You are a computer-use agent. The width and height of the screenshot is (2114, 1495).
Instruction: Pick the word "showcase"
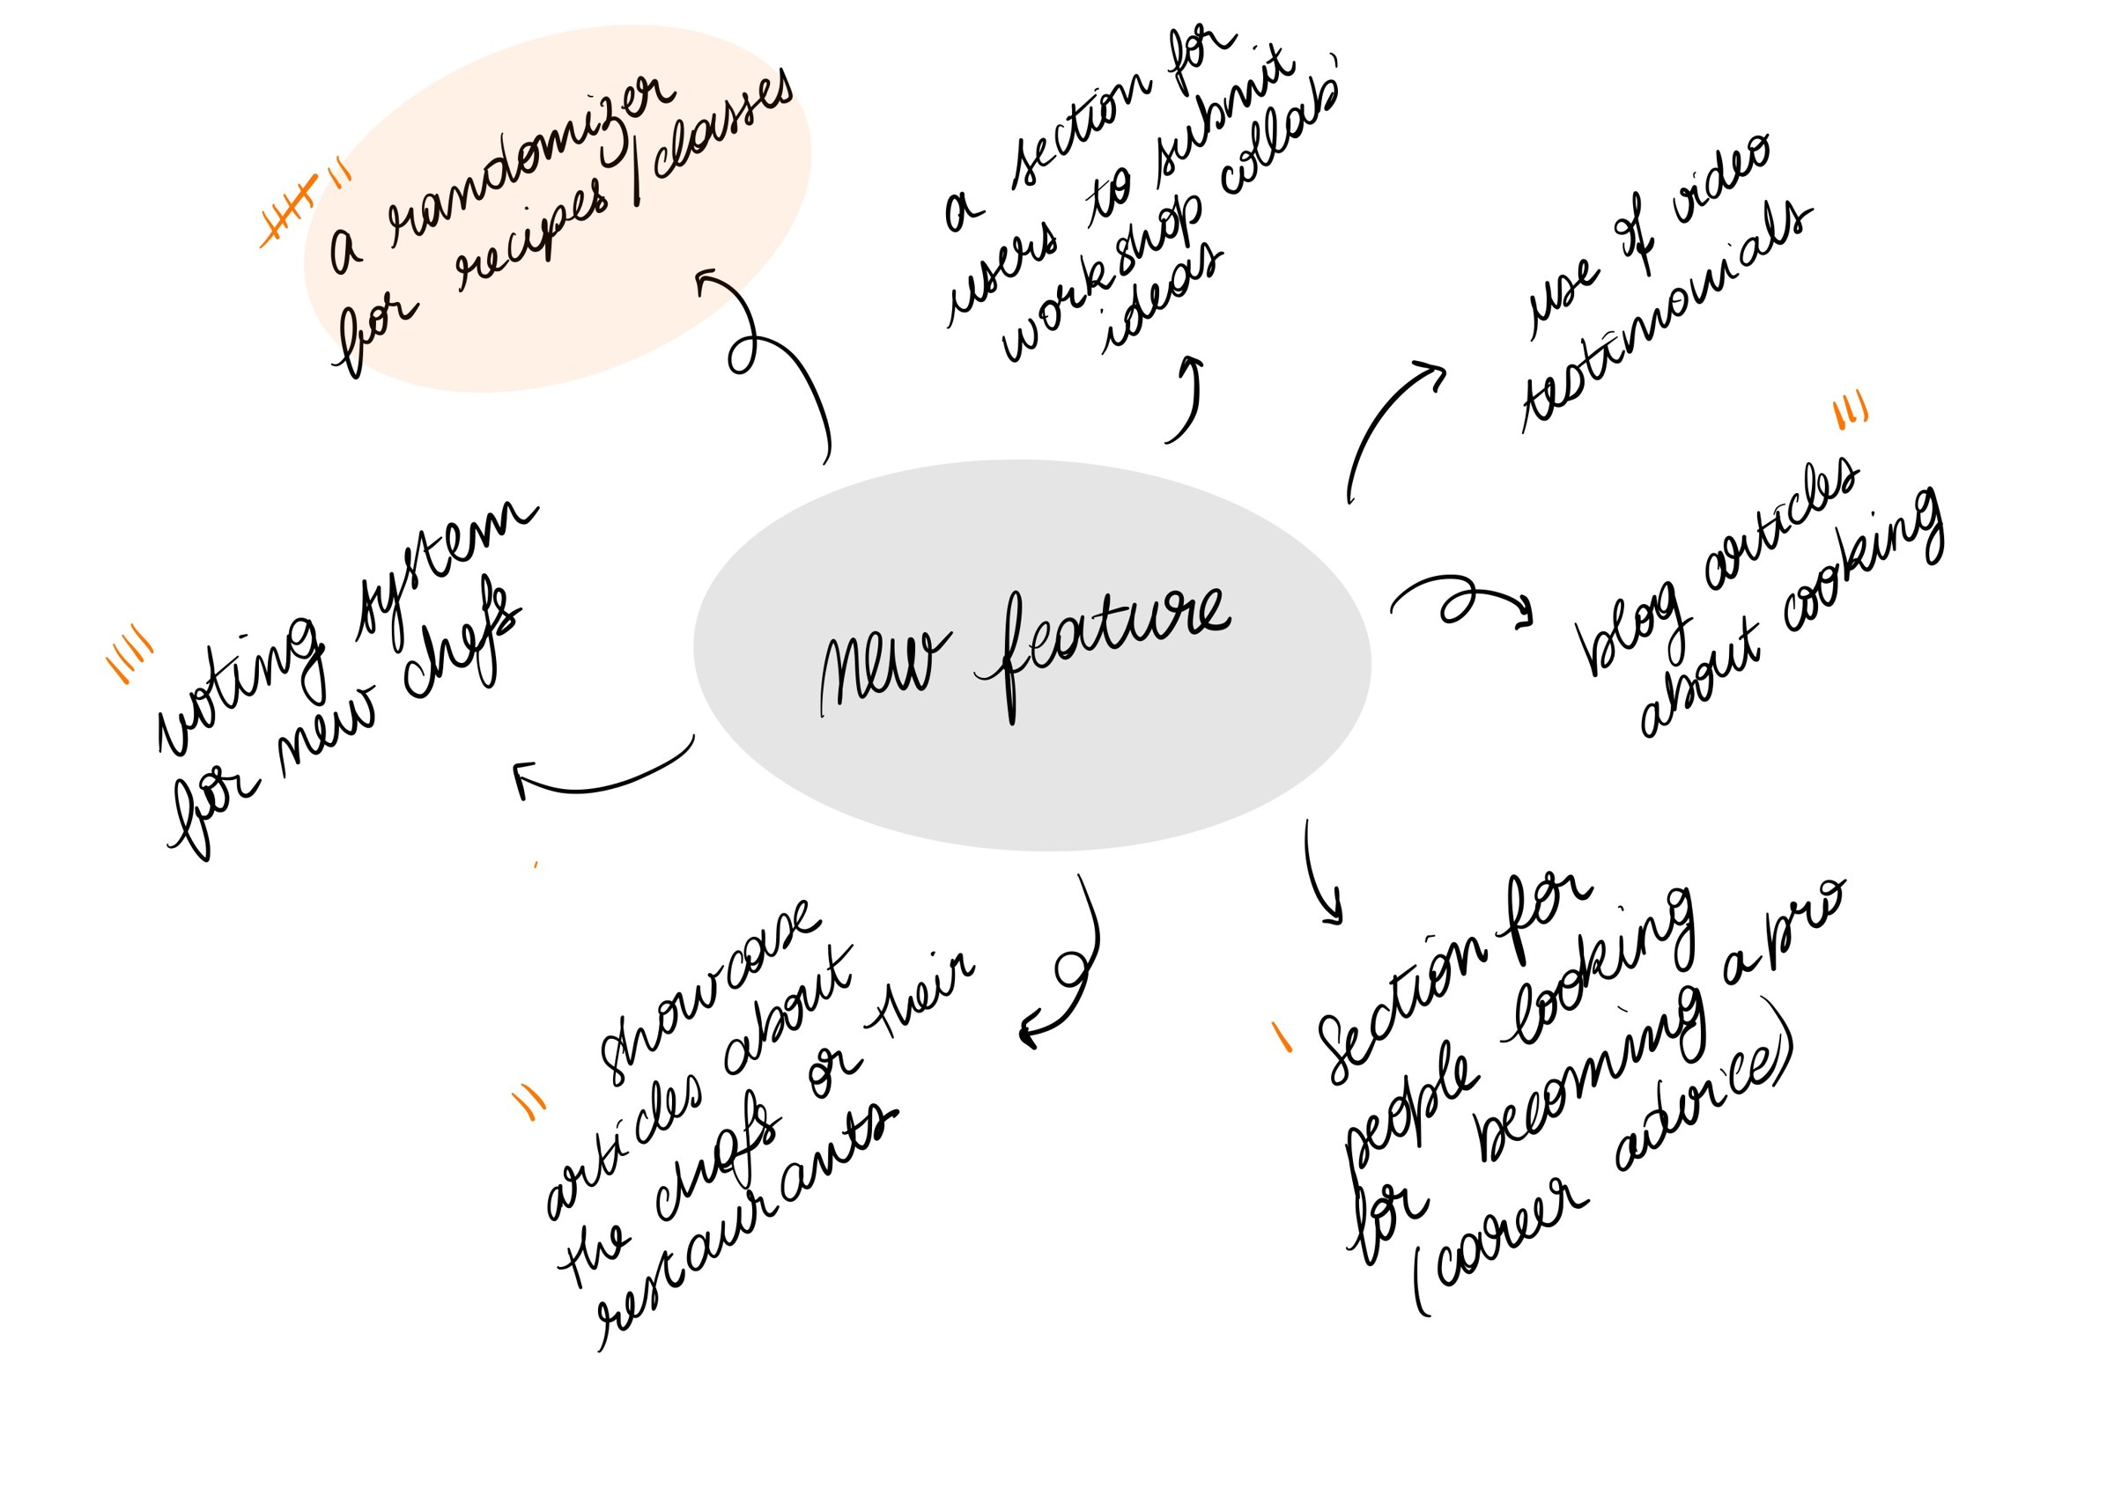[708, 991]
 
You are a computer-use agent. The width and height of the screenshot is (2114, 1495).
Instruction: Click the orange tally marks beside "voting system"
[129, 652]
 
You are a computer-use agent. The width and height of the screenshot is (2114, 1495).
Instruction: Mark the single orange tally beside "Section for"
[1282, 1037]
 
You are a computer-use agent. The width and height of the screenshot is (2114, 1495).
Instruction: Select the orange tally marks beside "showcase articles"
[528, 1102]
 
